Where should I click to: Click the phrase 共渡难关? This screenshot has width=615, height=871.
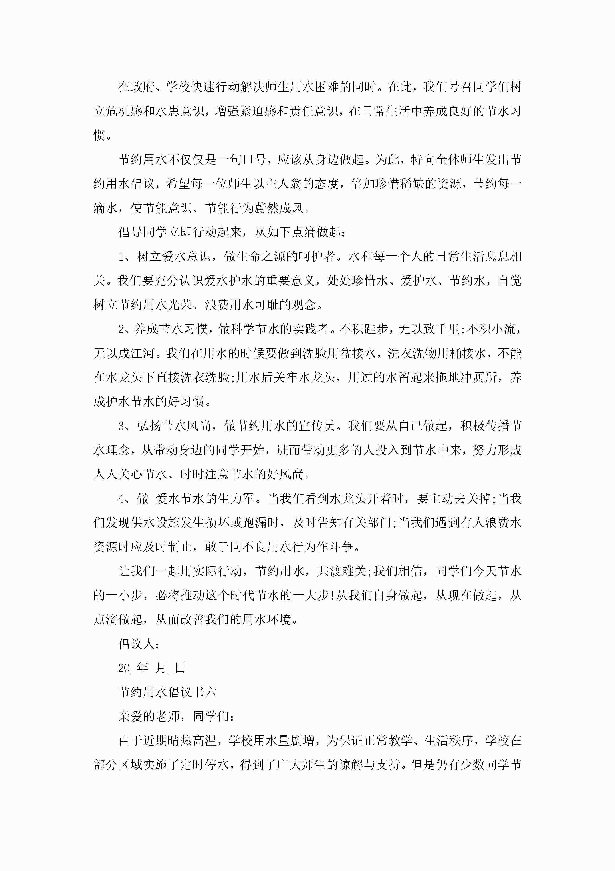pyautogui.click(x=341, y=571)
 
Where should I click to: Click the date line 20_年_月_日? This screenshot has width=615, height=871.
pyautogui.click(x=151, y=668)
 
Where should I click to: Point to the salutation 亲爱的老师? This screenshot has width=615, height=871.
pyautogui.click(x=149, y=717)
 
